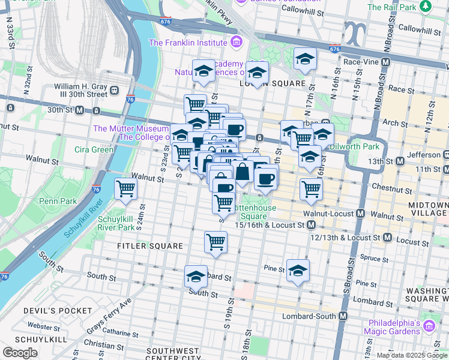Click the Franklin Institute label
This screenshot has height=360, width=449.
[188, 43]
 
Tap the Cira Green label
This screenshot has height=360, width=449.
[93, 149]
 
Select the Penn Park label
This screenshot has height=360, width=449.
[58, 202]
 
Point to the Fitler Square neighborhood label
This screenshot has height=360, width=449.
[150, 246]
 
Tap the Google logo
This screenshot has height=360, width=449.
[20, 353]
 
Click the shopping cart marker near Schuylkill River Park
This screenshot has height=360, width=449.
[126, 189]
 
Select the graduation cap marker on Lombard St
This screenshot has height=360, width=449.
[196, 277]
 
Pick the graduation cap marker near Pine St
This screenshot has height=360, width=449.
[298, 271]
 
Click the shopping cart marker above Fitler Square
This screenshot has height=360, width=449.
[215, 243]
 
